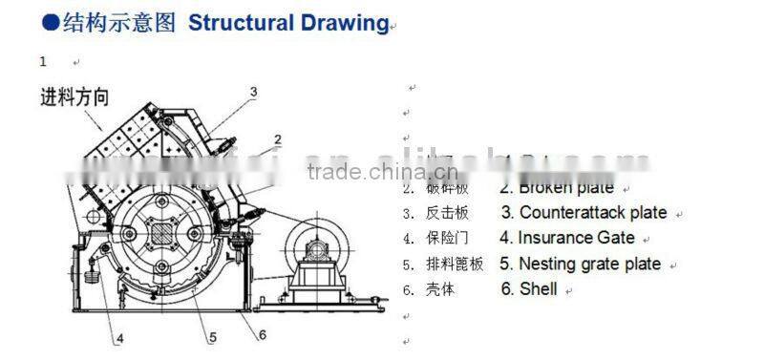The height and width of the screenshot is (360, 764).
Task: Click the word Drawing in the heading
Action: [x=341, y=24]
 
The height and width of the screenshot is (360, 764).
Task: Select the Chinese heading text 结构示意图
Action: [x=119, y=24]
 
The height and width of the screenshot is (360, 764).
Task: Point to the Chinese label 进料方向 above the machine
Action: [x=74, y=96]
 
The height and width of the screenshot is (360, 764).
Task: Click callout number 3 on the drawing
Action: [x=254, y=93]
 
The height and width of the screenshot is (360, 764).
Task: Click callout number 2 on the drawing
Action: [x=277, y=139]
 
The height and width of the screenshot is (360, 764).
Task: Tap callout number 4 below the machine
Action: [x=119, y=337]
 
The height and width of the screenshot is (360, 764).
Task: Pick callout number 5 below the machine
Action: [x=212, y=336]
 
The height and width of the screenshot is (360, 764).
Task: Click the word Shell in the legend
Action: [x=539, y=288]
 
